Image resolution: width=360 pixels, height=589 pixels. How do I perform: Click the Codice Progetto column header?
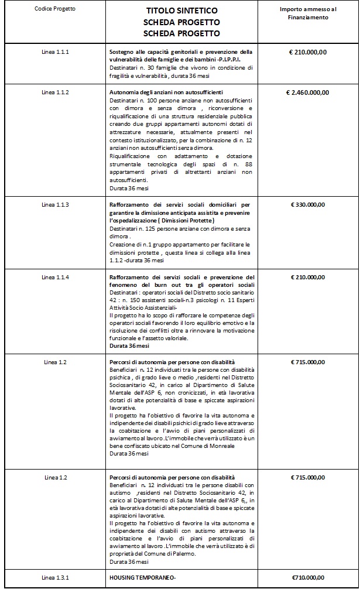click(55, 9)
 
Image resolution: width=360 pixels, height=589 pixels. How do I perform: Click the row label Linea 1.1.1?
click(56, 52)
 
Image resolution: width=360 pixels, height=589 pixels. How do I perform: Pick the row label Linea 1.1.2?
click(56, 93)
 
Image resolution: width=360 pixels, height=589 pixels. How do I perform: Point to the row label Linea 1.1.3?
click(56, 205)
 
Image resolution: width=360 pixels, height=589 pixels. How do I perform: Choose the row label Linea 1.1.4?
click(56, 276)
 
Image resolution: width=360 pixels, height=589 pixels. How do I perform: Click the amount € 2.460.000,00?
click(308, 93)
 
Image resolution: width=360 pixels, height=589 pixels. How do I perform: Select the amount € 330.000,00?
click(308, 205)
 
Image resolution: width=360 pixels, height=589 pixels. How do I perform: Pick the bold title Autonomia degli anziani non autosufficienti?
click(166, 93)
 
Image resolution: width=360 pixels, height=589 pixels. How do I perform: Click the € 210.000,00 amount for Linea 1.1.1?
click(308, 52)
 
